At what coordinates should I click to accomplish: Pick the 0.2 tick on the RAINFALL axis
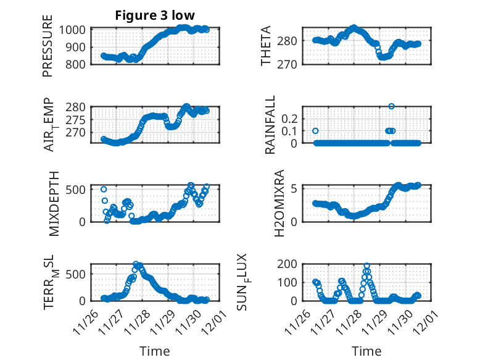291,118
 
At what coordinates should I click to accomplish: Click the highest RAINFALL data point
391,106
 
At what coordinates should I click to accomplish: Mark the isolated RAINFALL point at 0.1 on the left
315,131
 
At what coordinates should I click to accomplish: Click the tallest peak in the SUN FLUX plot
367,266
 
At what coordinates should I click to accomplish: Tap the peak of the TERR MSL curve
136,264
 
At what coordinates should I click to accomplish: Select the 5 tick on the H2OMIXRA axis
296,188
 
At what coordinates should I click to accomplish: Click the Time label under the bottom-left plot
154,351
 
